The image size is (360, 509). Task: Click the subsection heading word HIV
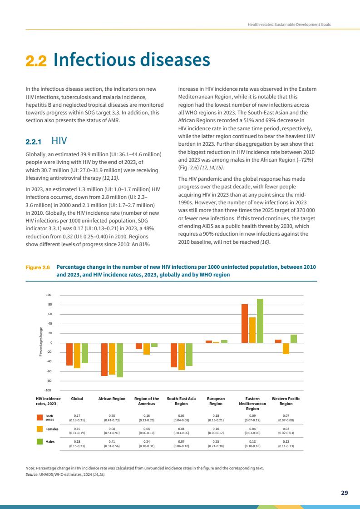pyautogui.click(x=60, y=141)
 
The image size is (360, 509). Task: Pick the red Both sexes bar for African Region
pyautogui.click(x=104, y=359)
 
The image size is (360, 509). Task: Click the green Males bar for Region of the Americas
pyautogui.click(x=154, y=345)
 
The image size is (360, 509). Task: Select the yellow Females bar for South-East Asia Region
pyautogui.click(x=182, y=356)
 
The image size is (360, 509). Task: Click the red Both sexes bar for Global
pyautogui.click(x=69, y=354)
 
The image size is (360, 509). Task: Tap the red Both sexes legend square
pyautogui.click(x=39, y=416)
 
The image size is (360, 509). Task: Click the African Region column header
pyautogui.click(x=112, y=398)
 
